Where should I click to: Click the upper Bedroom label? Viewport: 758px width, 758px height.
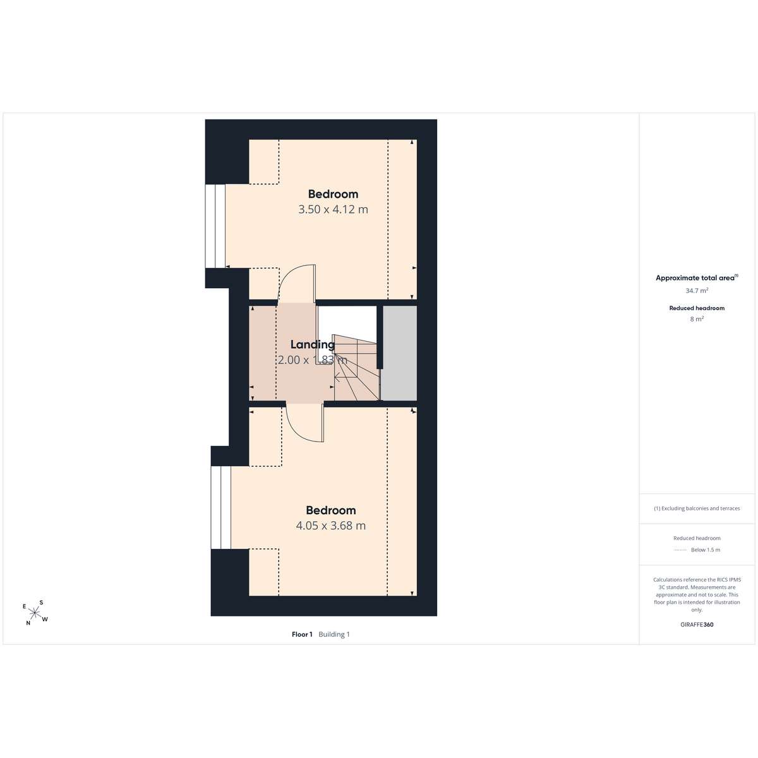tap(333, 194)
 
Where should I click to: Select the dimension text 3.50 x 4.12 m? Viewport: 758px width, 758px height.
tap(333, 209)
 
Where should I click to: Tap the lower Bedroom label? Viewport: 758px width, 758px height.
tap(331, 510)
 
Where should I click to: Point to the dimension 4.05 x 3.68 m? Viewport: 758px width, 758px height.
tap(331, 526)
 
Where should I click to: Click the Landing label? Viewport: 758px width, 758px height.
tap(313, 345)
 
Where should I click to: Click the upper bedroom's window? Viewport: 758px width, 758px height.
tap(215, 226)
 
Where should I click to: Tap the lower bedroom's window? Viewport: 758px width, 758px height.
tap(220, 507)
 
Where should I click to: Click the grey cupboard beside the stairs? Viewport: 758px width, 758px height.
tap(400, 353)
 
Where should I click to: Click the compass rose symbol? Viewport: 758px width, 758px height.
tap(35, 613)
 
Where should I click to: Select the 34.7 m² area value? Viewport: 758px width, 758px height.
tap(697, 291)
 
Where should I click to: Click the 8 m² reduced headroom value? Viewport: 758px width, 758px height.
tap(697, 319)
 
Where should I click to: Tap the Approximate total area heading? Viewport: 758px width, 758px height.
tap(697, 278)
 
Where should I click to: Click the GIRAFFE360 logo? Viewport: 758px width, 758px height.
tap(697, 625)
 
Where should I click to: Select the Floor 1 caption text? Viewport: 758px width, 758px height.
tap(302, 634)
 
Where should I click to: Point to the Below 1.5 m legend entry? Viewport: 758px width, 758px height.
tap(706, 550)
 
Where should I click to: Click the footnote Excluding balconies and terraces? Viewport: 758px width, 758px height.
tap(697, 508)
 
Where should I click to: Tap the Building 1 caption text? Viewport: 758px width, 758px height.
tap(334, 634)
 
